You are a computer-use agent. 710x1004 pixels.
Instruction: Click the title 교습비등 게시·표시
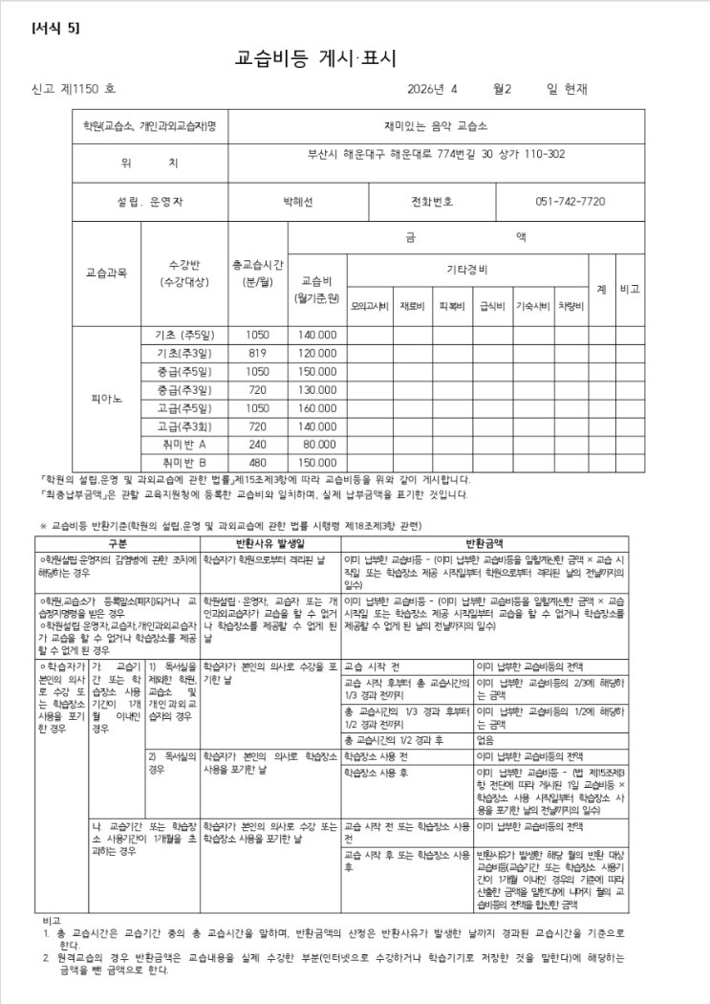coord(314,56)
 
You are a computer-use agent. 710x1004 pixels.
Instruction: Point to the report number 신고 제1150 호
coord(74,89)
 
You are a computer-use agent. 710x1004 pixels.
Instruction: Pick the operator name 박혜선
coord(298,202)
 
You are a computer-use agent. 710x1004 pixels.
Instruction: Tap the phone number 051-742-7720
coord(570,202)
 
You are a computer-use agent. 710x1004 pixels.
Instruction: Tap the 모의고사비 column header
coord(370,306)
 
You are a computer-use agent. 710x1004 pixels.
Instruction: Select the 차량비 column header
coord(570,306)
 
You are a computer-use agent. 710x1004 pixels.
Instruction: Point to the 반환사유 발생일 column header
coord(269,542)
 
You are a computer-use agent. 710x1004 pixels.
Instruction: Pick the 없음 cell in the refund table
coord(484,739)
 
